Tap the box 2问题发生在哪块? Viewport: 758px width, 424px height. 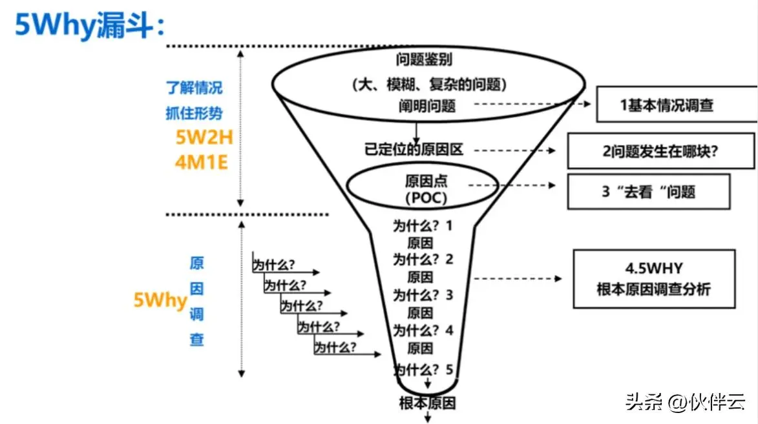coord(660,150)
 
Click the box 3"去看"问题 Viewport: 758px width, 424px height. coord(648,192)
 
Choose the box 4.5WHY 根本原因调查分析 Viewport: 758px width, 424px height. coord(653,279)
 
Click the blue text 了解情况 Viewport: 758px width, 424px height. coord(194,88)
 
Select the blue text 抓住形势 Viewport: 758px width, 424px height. coord(194,112)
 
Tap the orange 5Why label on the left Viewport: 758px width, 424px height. coord(160,300)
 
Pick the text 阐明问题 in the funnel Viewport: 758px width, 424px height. coord(426,105)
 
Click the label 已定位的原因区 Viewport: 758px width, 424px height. coord(414,150)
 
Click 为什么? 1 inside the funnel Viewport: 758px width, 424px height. coord(424,227)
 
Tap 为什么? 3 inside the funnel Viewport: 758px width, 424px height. coord(424,296)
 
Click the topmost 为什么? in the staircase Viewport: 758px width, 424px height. coord(274,265)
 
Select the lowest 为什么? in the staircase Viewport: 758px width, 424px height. coord(335,348)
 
